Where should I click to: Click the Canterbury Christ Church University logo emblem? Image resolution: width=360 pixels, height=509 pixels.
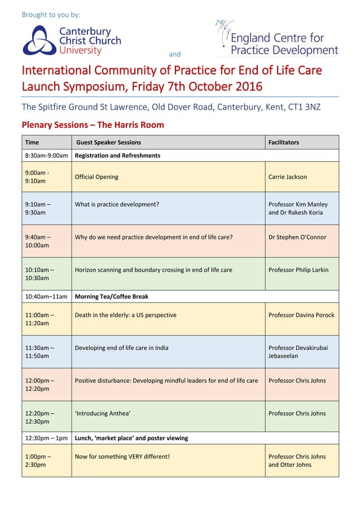(39, 41)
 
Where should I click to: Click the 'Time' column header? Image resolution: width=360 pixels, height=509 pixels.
(32, 143)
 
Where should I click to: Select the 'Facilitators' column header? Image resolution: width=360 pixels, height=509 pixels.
(284, 143)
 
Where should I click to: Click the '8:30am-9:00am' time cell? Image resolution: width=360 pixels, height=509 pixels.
(46, 156)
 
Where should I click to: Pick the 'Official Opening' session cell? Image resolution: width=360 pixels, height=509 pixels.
(96, 177)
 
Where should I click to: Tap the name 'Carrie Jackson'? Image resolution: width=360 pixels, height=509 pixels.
(288, 177)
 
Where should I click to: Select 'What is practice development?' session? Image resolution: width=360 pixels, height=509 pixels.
(117, 204)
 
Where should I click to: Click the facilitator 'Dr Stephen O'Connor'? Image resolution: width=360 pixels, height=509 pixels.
(297, 237)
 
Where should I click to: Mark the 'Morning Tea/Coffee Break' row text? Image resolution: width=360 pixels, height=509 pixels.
(111, 296)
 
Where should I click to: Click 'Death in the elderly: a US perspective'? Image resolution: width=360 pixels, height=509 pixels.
(126, 315)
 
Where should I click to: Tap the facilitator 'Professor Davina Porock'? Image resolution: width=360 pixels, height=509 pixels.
(301, 315)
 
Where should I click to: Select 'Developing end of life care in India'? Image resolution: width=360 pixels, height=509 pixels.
(122, 348)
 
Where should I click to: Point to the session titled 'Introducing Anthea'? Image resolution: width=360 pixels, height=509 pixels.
(103, 413)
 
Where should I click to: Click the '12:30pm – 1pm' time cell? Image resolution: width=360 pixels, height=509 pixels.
(46, 438)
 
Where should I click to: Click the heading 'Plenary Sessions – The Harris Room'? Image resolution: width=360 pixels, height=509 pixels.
(93, 125)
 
